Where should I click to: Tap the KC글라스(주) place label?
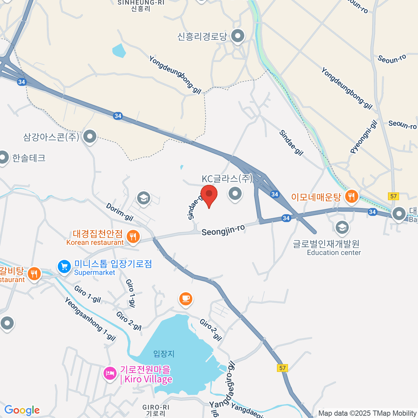tap(227, 179)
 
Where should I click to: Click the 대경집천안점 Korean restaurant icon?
tap(133, 237)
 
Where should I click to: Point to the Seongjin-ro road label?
tap(223, 230)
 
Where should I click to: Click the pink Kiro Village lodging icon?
tap(110, 374)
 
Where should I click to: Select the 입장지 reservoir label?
tap(164, 354)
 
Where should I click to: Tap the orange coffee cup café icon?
tap(186, 299)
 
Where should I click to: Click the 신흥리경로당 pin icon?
tap(238, 36)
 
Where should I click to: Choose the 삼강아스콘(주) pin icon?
tap(90, 136)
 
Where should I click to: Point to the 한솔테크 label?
tap(29, 158)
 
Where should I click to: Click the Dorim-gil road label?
tap(119, 212)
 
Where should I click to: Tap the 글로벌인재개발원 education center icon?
tap(342, 227)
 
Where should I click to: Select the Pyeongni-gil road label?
tap(364, 137)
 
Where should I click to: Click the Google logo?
tap(22, 410)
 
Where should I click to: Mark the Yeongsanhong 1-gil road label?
tap(90, 319)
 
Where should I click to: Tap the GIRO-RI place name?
tap(156, 410)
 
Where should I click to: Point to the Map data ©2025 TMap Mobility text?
tap(367, 413)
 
